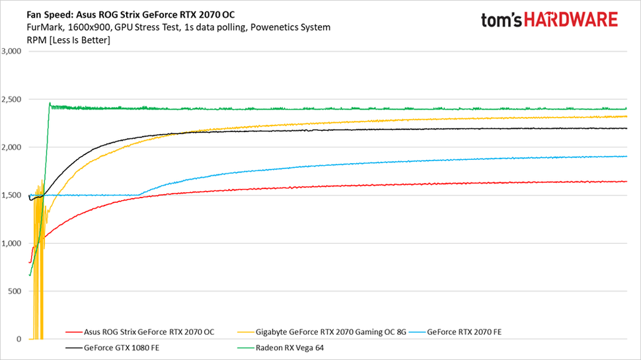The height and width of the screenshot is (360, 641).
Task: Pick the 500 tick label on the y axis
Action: tap(15, 291)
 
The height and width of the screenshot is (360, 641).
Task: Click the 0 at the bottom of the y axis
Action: tap(19, 340)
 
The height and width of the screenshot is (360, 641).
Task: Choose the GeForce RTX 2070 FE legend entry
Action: tap(465, 331)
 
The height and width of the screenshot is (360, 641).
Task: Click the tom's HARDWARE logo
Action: tap(549, 20)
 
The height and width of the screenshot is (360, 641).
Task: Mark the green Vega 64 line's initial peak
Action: tap(50, 103)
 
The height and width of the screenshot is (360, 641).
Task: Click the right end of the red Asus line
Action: tap(626, 181)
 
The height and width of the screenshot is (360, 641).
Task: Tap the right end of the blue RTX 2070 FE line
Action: tap(626, 157)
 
